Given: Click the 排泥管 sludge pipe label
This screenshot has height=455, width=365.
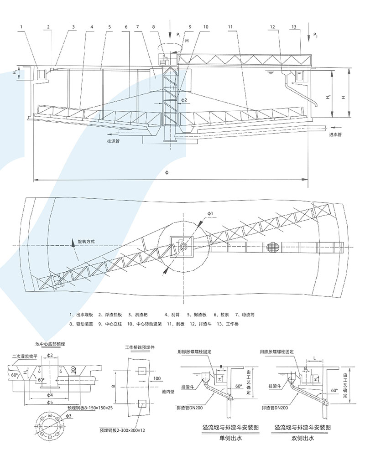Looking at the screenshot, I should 113,142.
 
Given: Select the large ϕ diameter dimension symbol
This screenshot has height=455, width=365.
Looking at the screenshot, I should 167,174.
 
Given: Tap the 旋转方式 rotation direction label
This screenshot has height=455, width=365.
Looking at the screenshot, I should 85,241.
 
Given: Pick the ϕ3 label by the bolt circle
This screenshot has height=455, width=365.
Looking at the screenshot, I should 68,416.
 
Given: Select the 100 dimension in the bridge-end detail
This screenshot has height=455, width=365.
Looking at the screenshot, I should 158,378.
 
